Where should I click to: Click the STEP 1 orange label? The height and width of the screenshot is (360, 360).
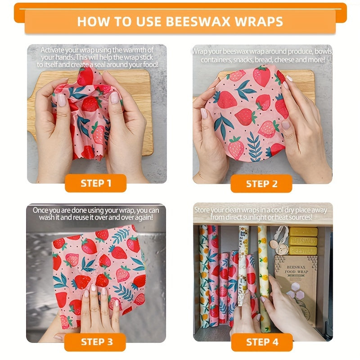tap(95, 183)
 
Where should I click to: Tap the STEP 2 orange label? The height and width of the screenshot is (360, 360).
tap(261, 184)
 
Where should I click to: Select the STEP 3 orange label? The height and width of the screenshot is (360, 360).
tap(95, 342)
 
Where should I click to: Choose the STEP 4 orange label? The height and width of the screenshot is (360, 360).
tap(261, 342)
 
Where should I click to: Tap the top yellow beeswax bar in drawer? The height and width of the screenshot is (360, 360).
tap(303, 231)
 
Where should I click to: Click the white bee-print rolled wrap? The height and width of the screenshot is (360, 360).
tap(243, 252)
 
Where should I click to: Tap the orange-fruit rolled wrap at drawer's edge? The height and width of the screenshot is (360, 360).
tap(203, 274)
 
